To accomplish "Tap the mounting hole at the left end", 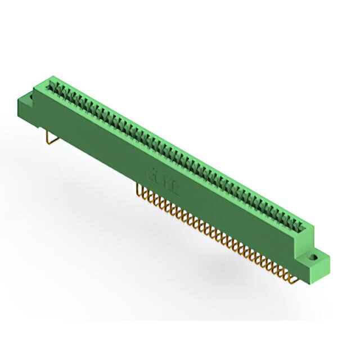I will (x=33, y=97).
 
